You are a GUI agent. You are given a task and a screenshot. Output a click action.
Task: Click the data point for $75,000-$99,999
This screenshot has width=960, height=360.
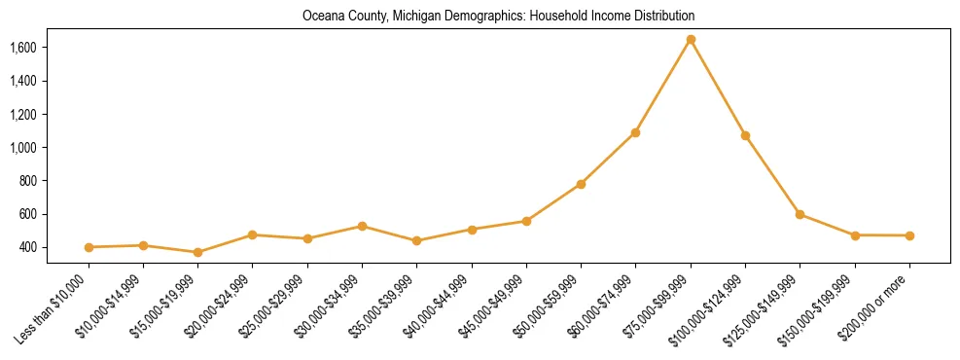(691, 39)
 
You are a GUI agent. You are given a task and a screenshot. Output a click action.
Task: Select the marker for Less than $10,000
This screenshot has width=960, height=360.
(89, 247)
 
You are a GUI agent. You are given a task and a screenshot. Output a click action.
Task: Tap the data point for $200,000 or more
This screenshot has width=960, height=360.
(909, 235)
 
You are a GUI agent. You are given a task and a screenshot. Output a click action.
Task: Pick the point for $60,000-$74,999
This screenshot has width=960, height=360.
(635, 132)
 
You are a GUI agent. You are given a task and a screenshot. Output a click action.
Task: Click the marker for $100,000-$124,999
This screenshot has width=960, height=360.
(745, 135)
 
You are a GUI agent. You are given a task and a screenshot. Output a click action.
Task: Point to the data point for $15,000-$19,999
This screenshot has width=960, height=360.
(197, 252)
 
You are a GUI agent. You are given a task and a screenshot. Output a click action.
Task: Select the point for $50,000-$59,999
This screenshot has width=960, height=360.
(581, 184)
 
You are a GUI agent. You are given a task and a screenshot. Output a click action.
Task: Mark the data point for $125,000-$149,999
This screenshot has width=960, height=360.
(800, 214)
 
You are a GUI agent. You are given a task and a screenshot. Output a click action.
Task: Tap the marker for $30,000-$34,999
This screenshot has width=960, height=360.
(362, 226)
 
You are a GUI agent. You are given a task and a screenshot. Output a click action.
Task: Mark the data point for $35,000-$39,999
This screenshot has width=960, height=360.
(416, 240)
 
